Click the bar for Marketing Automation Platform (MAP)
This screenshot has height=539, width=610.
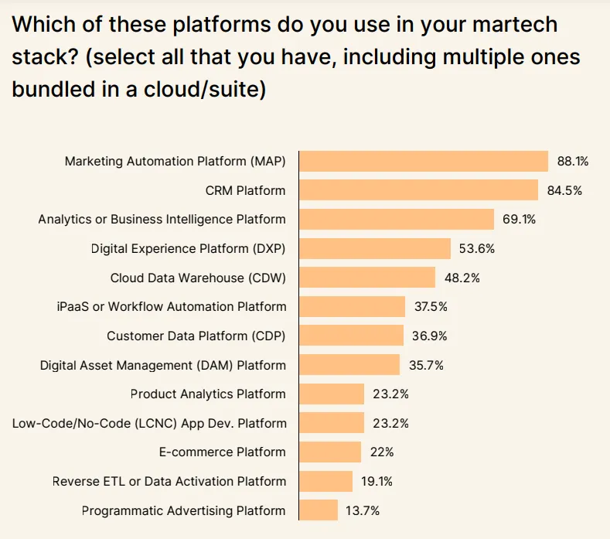click(423, 161)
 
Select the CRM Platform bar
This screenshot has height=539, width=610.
click(418, 190)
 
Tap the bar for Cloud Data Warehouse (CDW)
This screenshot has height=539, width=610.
click(367, 278)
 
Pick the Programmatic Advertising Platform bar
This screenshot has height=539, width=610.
click(319, 510)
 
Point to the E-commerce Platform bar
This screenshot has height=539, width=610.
click(330, 452)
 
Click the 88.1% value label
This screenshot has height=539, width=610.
click(573, 162)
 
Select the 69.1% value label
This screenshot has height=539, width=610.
click(519, 220)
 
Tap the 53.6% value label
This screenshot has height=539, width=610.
click(476, 249)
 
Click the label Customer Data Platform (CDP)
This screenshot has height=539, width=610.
click(196, 336)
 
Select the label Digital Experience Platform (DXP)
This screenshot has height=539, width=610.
click(189, 249)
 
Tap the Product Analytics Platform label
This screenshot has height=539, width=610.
click(208, 394)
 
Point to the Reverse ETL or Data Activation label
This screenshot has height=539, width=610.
click(169, 481)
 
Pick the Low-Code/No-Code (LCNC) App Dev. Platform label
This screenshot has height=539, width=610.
click(149, 424)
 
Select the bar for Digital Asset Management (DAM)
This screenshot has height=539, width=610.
click(349, 365)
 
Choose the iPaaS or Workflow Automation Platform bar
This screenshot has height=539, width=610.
click(352, 307)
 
